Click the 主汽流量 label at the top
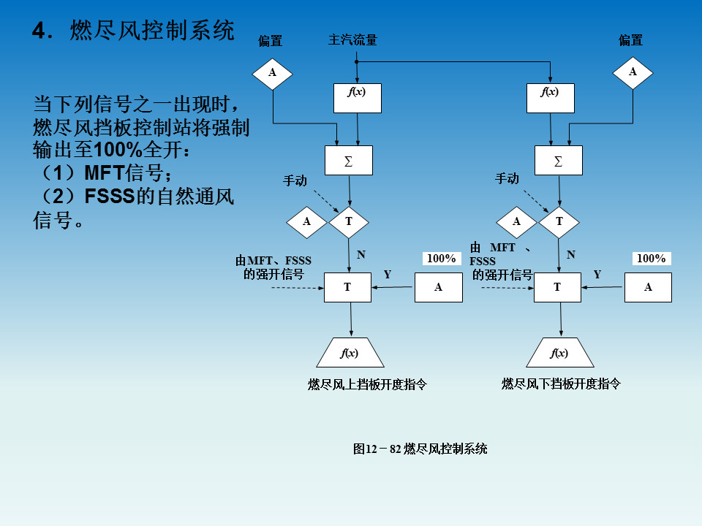pyautogui.click(x=352, y=40)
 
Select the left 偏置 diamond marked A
pyautogui.click(x=273, y=72)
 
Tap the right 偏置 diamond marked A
pyautogui.click(x=633, y=72)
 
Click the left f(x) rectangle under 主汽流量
pyautogui.click(x=357, y=98)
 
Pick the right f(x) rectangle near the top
pyautogui.click(x=550, y=98)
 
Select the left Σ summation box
pyautogui.click(x=349, y=161)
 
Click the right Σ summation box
pyautogui.click(x=559, y=161)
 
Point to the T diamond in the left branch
pyautogui.click(x=349, y=222)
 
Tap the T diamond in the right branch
pyautogui.click(x=559, y=222)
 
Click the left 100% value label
pyautogui.click(x=442, y=259)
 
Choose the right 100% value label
pyautogui.click(x=651, y=259)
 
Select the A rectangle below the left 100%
pyautogui.click(x=439, y=287)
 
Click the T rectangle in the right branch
pyautogui.click(x=557, y=287)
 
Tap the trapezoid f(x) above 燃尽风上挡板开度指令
pyautogui.click(x=350, y=354)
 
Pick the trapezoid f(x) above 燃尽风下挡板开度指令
pyautogui.click(x=559, y=354)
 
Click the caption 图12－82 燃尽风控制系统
pyautogui.click(x=420, y=449)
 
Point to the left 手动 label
pyautogui.click(x=295, y=180)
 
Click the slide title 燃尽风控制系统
pyautogui.click(x=152, y=31)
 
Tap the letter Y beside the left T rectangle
pyautogui.click(x=388, y=275)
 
